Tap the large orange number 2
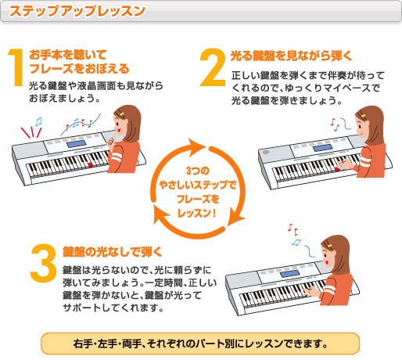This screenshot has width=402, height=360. (213, 70)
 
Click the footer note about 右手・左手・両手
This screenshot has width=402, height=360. (201, 343)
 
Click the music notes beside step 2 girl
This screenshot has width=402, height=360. (336, 123)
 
